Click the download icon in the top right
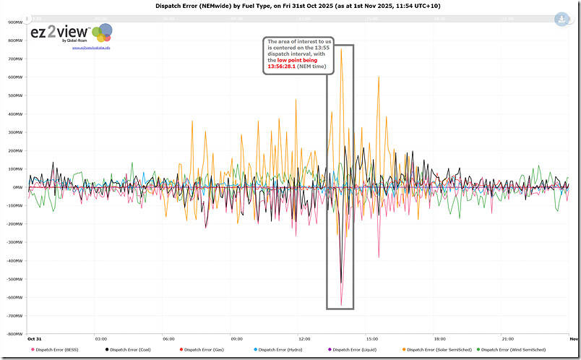(562, 20)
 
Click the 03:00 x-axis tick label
(101, 338)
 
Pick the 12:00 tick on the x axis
(304, 338)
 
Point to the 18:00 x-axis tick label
(439, 338)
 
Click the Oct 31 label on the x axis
(34, 338)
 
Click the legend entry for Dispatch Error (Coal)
(129, 350)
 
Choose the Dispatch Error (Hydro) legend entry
(277, 350)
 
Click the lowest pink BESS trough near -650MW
(341, 305)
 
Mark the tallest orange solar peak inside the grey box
(342, 70)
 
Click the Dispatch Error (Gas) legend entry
(203, 350)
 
